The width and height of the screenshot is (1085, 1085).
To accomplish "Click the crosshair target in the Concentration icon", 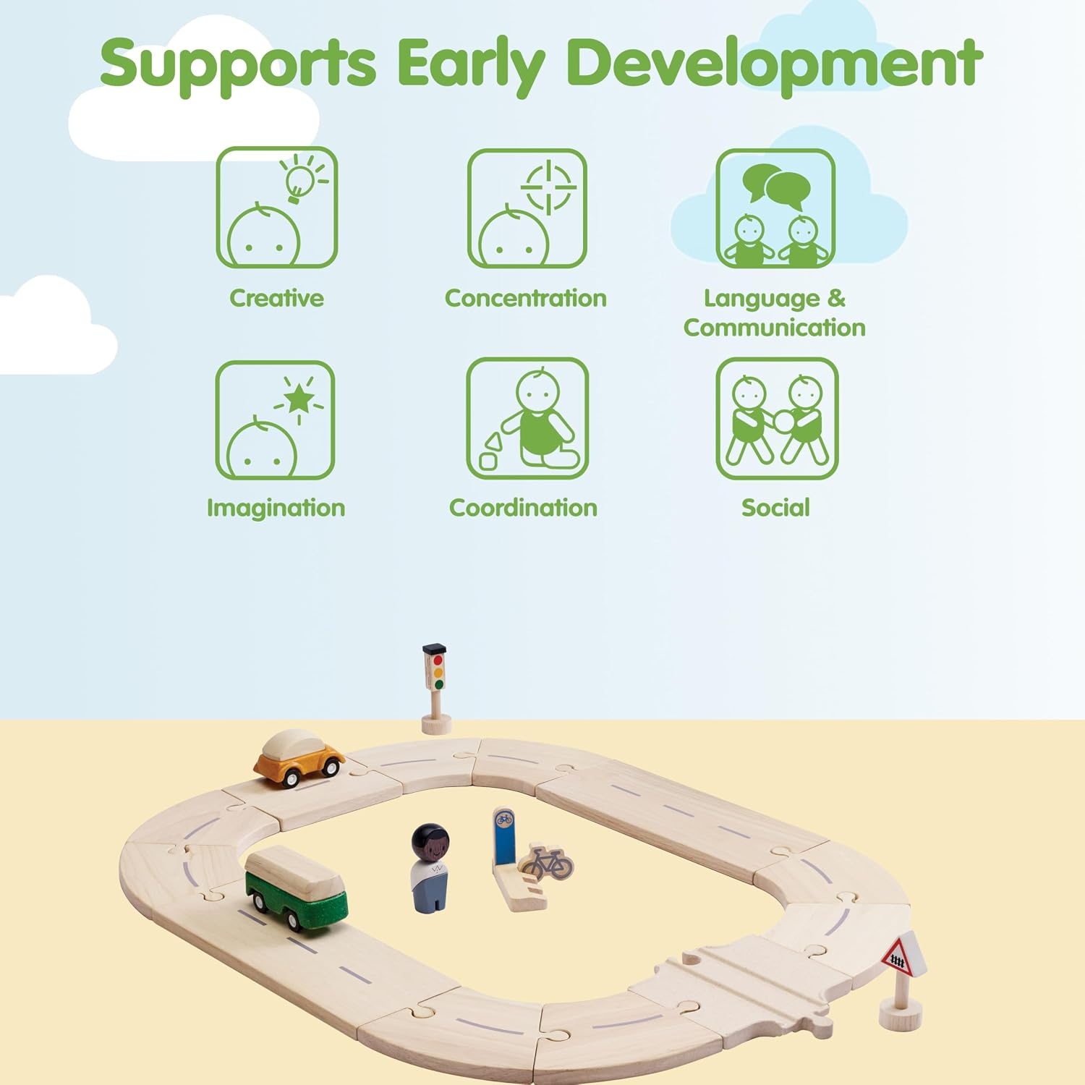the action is coord(549,187).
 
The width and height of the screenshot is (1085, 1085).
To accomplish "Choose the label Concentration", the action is coord(526,298).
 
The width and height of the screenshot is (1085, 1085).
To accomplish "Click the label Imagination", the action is coord(276,508).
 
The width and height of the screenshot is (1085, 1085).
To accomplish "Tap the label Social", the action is coord(775,507).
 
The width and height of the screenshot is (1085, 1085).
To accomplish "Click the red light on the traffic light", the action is coord(438,660).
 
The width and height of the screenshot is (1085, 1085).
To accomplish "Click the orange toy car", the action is coord(299,757).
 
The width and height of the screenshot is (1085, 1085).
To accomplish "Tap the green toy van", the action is coord(295,888).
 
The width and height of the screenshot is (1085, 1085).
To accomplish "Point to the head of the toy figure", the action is coord(430,842).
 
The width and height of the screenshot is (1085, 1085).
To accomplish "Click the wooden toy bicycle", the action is coord(548,861).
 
